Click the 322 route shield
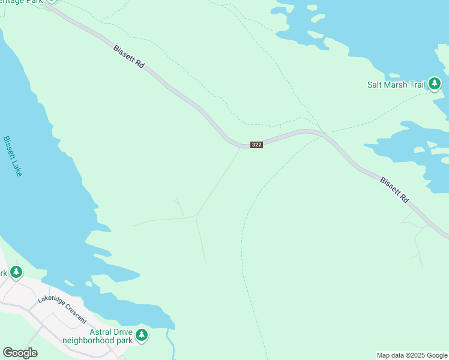tap(256, 145)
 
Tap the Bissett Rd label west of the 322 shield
tap(128, 57)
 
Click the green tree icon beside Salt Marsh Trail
tap(435, 84)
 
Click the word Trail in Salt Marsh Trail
tap(417, 85)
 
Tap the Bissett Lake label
tap(13, 156)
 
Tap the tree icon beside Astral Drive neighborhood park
tap(142, 335)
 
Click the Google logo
tap(20, 353)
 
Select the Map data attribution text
tap(412, 355)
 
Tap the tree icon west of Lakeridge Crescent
tap(16, 272)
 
